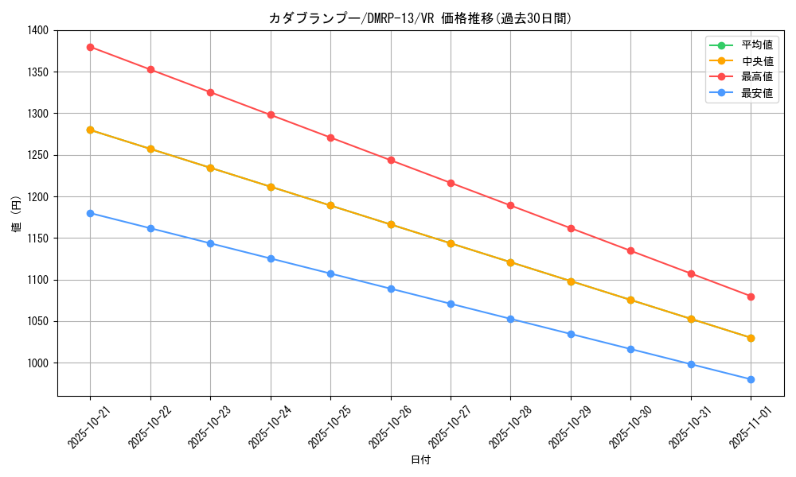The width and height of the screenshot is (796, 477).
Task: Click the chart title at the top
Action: tap(420, 18)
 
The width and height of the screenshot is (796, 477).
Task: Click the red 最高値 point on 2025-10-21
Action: tap(90, 47)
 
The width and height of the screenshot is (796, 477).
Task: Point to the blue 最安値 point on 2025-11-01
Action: tap(751, 379)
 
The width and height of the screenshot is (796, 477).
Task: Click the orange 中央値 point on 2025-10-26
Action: tap(391, 224)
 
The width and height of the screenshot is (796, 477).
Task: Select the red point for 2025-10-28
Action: tap(510, 205)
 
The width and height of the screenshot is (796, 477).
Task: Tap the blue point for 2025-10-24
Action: tap(271, 258)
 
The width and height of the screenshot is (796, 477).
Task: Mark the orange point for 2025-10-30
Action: tap(630, 300)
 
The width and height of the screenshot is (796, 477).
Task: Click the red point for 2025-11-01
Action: tap(751, 297)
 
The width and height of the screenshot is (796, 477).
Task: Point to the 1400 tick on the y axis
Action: tap(37, 30)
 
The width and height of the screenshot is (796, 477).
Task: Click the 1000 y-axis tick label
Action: tap(37, 363)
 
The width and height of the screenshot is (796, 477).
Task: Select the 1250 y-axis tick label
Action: tap(37, 155)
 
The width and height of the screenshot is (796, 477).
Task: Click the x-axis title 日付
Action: tap(420, 460)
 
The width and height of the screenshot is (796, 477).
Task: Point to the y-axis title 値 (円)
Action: tap(16, 213)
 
